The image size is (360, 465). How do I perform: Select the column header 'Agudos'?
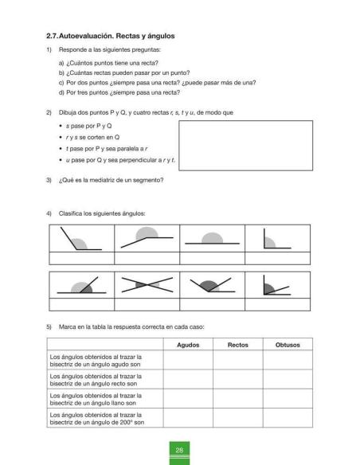coord(188,345)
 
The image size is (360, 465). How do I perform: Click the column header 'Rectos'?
coord(237,345)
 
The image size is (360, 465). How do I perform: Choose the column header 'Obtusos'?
coord(287,345)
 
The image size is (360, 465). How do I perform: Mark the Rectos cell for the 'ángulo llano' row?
coord(237,399)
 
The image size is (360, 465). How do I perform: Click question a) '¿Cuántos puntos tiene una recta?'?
coord(108,62)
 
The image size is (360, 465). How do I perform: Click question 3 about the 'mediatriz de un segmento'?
coord(111,178)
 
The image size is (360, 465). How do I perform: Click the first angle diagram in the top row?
coord(81,240)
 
